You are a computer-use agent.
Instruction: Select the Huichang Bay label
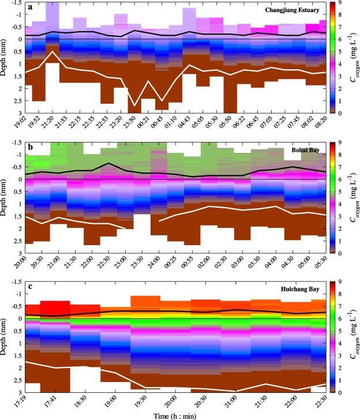(306, 290)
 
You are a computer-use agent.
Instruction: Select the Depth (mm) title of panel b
(6, 196)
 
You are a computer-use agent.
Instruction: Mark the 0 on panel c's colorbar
(342, 392)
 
